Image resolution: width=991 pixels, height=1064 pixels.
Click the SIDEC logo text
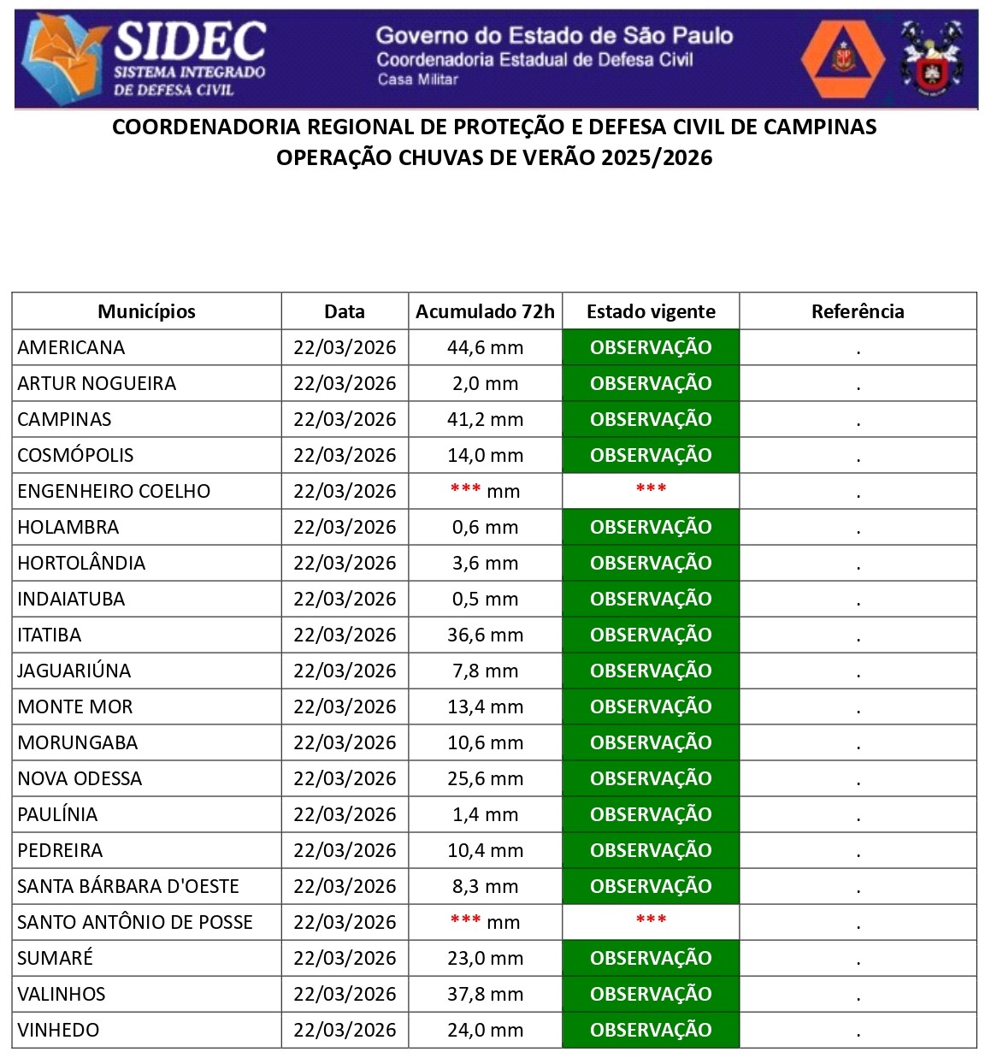190,40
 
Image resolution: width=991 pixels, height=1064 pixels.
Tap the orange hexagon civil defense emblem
842,57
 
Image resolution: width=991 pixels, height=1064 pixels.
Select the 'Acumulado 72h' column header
485,311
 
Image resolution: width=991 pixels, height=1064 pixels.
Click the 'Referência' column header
858,311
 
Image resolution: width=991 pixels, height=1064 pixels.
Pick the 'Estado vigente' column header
651,311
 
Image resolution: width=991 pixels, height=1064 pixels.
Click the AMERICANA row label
71,347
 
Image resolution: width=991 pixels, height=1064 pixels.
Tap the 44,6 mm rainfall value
485,347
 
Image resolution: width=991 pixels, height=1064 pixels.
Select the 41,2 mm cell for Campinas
485,419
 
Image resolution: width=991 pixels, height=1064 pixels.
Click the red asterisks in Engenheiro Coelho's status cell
651,489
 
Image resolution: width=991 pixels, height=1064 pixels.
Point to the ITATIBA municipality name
50,635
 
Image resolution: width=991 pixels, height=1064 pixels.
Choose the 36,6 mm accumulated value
485,635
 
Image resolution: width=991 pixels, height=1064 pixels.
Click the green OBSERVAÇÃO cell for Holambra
651,527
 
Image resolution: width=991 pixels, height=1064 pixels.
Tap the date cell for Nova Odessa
345,778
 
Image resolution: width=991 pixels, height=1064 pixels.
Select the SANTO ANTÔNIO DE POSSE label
135,922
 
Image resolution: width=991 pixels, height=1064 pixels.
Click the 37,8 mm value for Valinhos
485,994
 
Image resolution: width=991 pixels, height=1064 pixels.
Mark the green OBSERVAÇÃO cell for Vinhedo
651,1030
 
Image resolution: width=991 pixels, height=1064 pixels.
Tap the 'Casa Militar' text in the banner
418,80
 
